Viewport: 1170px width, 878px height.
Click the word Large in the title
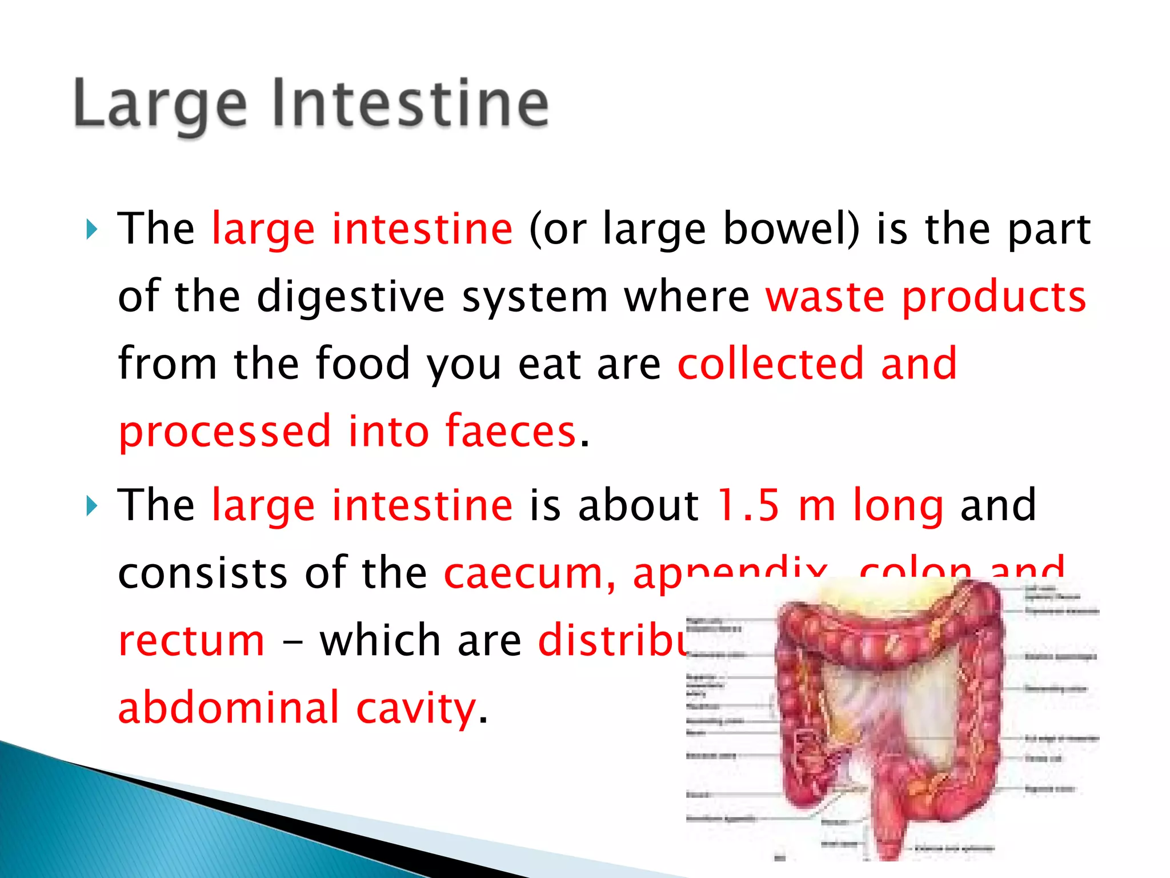click(x=160, y=105)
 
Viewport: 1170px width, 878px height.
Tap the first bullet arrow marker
click(x=91, y=230)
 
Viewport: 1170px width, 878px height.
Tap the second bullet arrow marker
click(x=91, y=506)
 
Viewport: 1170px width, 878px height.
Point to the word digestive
click(x=350, y=297)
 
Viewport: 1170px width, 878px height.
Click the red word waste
click(x=825, y=297)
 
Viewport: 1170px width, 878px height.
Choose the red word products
click(x=993, y=297)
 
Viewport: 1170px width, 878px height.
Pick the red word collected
click(x=770, y=364)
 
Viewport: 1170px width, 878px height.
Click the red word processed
click(x=225, y=431)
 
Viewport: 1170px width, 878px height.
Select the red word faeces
click(x=510, y=431)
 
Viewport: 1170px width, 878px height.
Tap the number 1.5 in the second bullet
click(x=748, y=505)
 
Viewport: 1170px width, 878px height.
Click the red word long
click(x=897, y=506)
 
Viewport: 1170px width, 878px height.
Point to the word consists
click(x=202, y=573)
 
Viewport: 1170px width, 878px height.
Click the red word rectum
click(x=191, y=641)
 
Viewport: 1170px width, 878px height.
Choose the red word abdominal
click(x=229, y=708)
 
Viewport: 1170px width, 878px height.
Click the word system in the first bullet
click(x=534, y=298)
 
